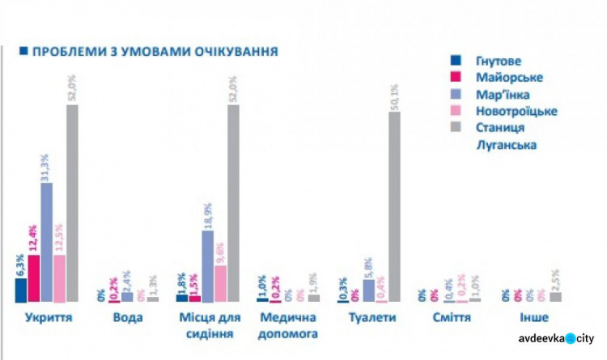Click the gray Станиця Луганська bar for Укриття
point(72,202)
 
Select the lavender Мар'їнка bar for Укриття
point(46,242)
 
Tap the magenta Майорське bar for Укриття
point(33,277)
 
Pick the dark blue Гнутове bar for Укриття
point(20,290)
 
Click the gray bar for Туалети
point(394,206)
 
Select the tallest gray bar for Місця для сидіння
point(233,202)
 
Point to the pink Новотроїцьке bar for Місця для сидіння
point(220,283)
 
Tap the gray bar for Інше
point(555,297)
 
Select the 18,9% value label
point(207,215)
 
